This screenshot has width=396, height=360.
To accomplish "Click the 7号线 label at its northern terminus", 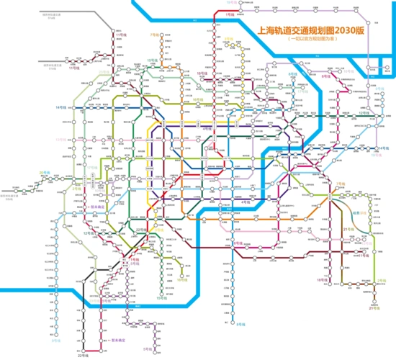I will click(154, 34).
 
